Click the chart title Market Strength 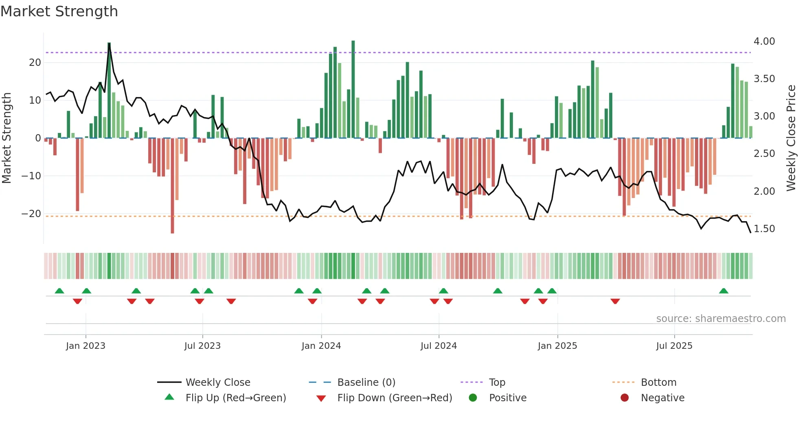[59, 11]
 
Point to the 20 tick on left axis [35, 63]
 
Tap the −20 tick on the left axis [32, 214]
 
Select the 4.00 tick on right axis [764, 41]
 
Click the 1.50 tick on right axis [764, 229]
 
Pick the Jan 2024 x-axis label [321, 346]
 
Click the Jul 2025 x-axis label [674, 346]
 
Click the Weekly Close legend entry [218, 383]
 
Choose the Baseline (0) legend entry [366, 383]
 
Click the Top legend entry [497, 383]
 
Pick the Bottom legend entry [658, 383]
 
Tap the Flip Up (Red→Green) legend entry [236, 398]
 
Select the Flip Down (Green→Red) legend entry [395, 398]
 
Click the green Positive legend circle [473, 398]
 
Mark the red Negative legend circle [625, 398]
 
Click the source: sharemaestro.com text [721, 319]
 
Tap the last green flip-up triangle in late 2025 [723, 291]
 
